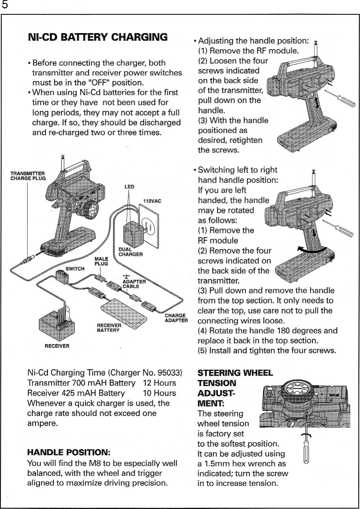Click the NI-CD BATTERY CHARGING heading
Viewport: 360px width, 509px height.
pos(97,38)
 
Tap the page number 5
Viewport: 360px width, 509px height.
pos(5,6)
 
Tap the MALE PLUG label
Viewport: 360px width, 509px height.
pos(101,261)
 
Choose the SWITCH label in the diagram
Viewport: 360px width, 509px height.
pos(75,268)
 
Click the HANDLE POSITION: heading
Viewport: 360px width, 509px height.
pos(68,453)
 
